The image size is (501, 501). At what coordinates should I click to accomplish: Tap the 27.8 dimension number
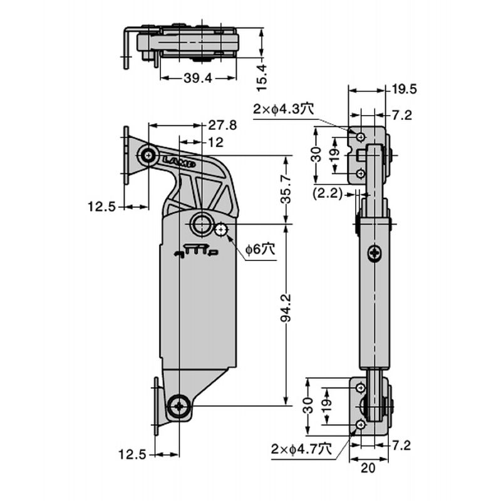tap(223, 125)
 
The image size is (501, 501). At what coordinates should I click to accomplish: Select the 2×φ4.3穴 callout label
tap(283, 109)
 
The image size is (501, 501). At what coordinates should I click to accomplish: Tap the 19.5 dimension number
tap(405, 89)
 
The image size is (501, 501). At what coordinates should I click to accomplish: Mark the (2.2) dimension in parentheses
tap(327, 194)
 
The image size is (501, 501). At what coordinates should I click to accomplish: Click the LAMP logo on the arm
tap(179, 162)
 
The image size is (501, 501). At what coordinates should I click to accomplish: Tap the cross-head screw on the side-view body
tap(374, 254)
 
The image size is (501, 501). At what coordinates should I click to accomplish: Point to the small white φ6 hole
tap(220, 230)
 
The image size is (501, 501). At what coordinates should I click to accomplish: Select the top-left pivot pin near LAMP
tap(148, 156)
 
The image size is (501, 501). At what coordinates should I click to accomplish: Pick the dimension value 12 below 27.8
tap(215, 143)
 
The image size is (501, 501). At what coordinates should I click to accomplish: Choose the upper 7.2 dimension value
tap(402, 115)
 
